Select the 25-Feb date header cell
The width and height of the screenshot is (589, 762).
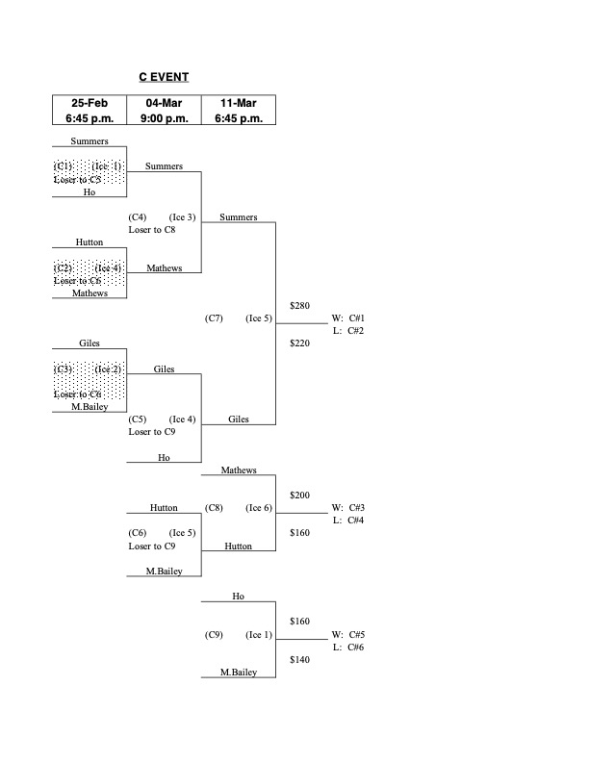(x=90, y=110)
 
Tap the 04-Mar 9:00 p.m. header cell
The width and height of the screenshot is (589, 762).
(x=164, y=110)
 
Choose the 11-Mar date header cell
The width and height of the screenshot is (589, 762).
(x=239, y=110)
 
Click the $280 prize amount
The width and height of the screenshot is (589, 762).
(x=299, y=305)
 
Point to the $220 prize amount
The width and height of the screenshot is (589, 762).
(x=299, y=342)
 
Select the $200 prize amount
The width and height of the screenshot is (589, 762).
(x=299, y=495)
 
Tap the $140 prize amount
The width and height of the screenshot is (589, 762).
(x=299, y=660)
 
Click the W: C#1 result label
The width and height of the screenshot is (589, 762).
(x=347, y=317)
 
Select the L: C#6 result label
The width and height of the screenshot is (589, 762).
(x=347, y=648)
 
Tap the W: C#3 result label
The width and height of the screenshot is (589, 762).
(x=347, y=508)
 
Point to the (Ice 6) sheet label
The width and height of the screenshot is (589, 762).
(x=259, y=508)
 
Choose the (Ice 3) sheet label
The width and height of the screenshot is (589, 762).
(x=183, y=216)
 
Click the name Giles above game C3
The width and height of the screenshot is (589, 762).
(x=90, y=343)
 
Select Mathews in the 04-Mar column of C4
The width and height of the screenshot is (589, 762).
(x=164, y=267)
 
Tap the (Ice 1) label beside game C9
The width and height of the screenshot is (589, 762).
(x=259, y=635)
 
